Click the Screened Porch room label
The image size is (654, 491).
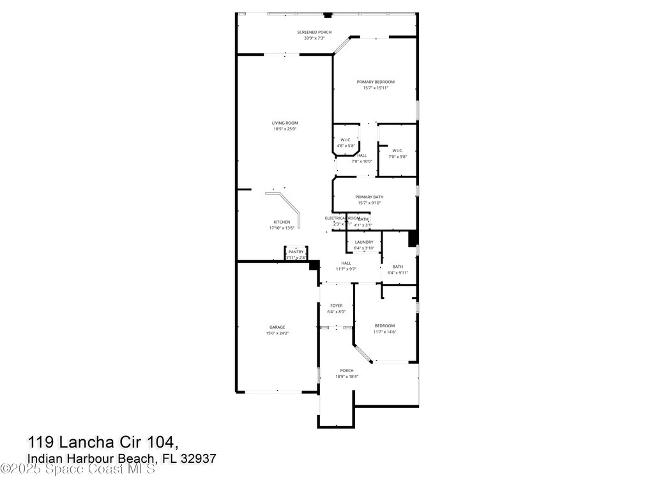314,32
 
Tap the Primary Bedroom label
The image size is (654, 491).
376,82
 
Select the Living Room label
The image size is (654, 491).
285,123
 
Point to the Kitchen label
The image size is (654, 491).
282,222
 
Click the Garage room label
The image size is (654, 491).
277,327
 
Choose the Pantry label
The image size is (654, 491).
296,252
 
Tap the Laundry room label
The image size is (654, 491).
364,242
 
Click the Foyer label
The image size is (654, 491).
337,306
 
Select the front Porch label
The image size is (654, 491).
347,371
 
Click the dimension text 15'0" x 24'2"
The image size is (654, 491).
277,333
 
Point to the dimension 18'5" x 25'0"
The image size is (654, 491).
285,129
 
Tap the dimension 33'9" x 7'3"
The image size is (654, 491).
314,38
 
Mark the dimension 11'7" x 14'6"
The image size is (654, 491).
384,332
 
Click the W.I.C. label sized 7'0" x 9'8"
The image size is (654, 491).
397,151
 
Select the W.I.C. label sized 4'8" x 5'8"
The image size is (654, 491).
346,140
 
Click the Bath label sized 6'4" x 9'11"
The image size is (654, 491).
398,267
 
